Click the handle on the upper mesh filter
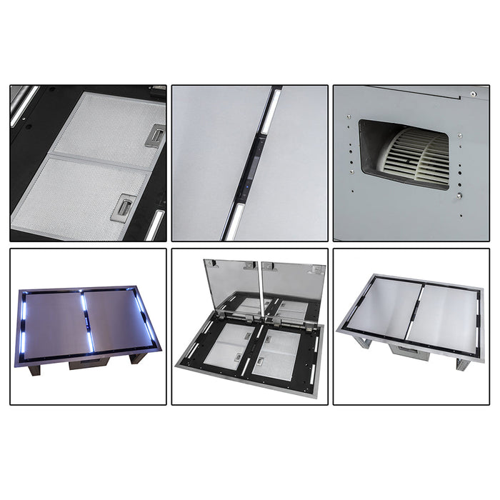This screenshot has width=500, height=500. (155, 136)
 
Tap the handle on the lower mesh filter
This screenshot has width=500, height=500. (125, 206)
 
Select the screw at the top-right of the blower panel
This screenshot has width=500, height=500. (473, 93)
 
